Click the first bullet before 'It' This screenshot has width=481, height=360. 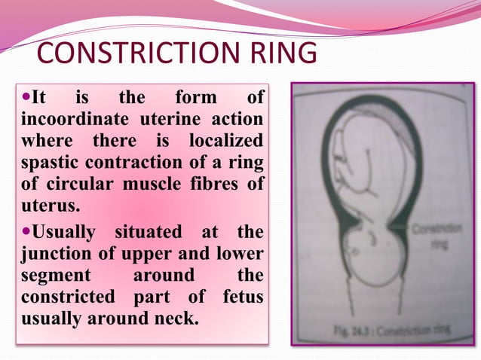pos(27,98)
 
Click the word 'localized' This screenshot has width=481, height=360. pos(226,141)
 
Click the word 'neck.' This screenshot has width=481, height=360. pos(175,317)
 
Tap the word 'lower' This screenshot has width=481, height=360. pos(237,254)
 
